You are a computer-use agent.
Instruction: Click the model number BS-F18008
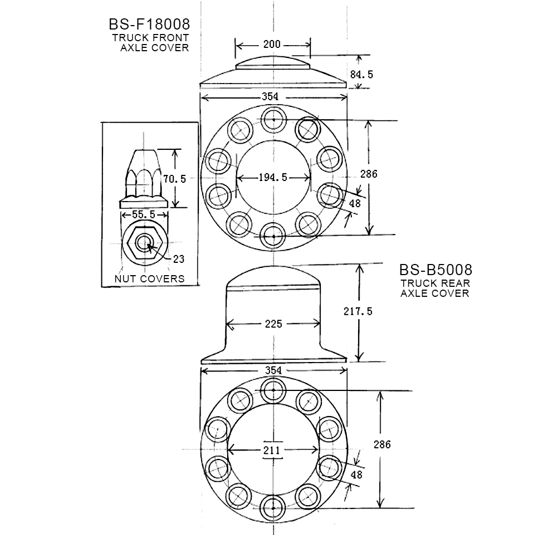point(149,25)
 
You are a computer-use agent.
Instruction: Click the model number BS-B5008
point(435,270)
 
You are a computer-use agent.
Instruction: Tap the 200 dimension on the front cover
point(272,45)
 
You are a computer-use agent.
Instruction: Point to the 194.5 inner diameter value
point(273,178)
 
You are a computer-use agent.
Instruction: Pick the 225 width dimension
point(273,324)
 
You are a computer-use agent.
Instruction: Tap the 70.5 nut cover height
point(175,179)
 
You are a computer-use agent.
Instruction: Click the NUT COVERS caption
point(149,278)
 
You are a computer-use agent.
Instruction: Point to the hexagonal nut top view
point(145,242)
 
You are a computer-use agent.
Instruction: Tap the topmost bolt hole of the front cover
point(273,119)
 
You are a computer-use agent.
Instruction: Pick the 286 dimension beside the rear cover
point(382,444)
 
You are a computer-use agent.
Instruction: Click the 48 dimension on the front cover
point(354,204)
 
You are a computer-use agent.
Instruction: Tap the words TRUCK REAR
point(434,283)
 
